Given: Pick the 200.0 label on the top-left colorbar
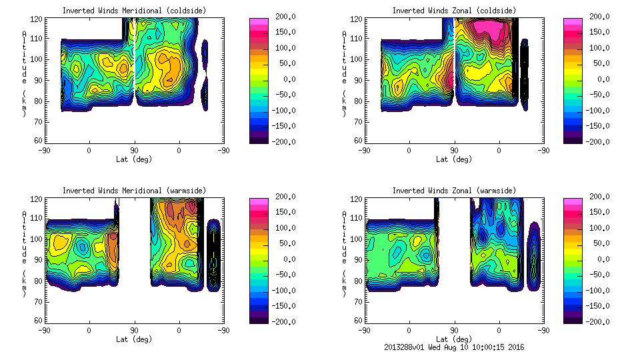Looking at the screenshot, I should pos(282,17).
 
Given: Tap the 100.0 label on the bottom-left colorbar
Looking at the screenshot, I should pos(282,228).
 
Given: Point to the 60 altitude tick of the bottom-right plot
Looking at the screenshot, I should pos(360,321).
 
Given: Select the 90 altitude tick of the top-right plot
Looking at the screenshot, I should pos(360,79).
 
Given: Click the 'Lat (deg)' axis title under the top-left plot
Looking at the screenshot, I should pos(134,159).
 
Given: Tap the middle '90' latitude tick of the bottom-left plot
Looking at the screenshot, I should pos(134,329).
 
